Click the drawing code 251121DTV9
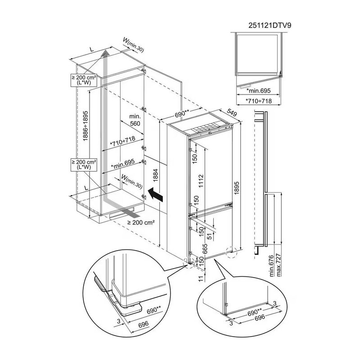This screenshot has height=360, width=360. pos(270,25)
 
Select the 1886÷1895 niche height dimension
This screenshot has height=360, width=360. pos(85,126)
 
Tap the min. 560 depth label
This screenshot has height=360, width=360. pos(135,120)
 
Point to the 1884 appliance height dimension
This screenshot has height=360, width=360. pos(156,175)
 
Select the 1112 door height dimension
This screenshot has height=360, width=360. pos(201,181)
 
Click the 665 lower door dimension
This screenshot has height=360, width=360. pos(205,248)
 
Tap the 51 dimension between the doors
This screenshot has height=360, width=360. pos(209,236)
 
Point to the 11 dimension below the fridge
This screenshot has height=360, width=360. pos(201,279)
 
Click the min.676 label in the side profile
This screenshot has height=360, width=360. pos(271,265)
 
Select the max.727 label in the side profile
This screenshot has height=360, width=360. pos(279,265)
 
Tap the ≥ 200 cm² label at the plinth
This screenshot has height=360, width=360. pos(141,222)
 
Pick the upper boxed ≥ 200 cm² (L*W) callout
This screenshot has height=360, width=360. pos(84,80)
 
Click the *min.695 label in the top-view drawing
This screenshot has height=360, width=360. pos(258,91)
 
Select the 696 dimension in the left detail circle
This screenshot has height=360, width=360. pos(144,324)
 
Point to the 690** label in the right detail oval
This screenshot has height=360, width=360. pos(255,312)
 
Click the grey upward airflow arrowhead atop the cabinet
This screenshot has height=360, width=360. pos(105,53)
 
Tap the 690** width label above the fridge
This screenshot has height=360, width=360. pos(182,113)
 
